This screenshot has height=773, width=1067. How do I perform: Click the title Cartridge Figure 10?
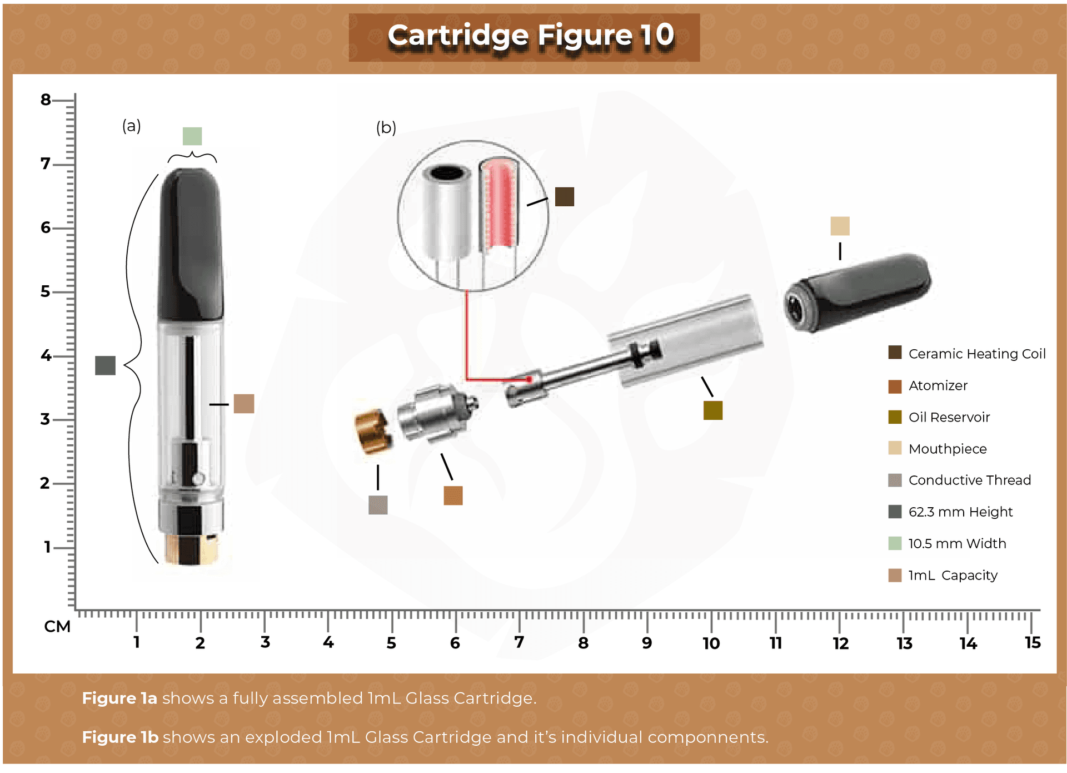pyautogui.click(x=530, y=36)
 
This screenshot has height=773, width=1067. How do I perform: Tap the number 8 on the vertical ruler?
pyautogui.click(x=46, y=100)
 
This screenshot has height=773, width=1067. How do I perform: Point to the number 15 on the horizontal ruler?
pyautogui.click(x=1032, y=643)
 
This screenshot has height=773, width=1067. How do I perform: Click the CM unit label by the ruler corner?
pyautogui.click(x=57, y=627)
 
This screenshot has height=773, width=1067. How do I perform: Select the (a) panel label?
pyautogui.click(x=132, y=126)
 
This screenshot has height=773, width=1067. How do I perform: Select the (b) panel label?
pyautogui.click(x=386, y=128)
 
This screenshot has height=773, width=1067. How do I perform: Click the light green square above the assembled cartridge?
pyautogui.click(x=192, y=136)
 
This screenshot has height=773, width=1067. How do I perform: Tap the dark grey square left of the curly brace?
pyautogui.click(x=105, y=365)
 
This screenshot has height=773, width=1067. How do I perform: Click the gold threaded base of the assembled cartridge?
pyautogui.click(x=191, y=549)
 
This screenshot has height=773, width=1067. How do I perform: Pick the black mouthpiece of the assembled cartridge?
pyautogui.click(x=191, y=245)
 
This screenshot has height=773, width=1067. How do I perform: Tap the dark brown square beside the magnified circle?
pyautogui.click(x=564, y=197)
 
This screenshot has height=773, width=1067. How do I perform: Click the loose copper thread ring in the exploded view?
pyautogui.click(x=372, y=431)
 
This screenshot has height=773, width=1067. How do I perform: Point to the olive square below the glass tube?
pyautogui.click(x=712, y=410)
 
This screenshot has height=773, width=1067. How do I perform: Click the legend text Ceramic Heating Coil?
pyautogui.click(x=976, y=354)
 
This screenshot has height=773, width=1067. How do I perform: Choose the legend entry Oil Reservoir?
pyautogui.click(x=949, y=417)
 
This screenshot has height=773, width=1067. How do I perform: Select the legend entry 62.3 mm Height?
pyautogui.click(x=960, y=512)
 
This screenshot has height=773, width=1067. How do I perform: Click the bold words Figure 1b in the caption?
pyautogui.click(x=120, y=737)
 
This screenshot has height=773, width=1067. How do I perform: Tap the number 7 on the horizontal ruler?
pyautogui.click(x=518, y=643)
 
